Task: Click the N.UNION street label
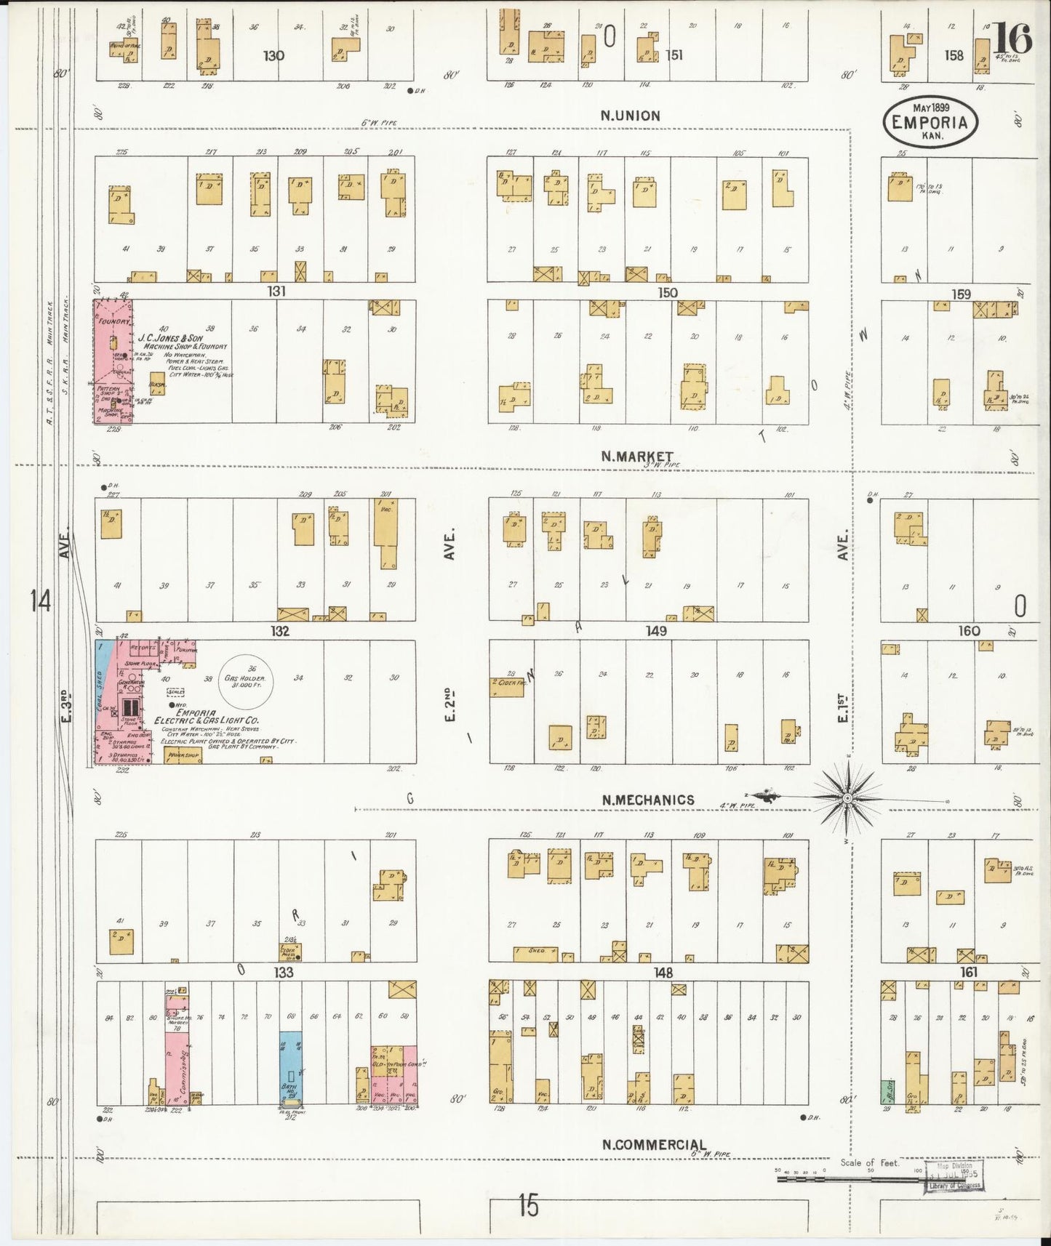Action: [630, 116]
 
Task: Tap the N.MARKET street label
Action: [636, 457]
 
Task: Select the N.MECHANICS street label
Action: [647, 800]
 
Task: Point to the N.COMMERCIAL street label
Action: [653, 1144]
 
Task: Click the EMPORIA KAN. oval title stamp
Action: [930, 121]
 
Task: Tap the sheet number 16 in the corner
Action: [1012, 39]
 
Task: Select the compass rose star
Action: [847, 797]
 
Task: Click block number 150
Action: [666, 292]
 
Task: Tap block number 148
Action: [663, 972]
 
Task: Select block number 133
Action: [283, 972]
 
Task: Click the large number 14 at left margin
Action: [40, 602]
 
